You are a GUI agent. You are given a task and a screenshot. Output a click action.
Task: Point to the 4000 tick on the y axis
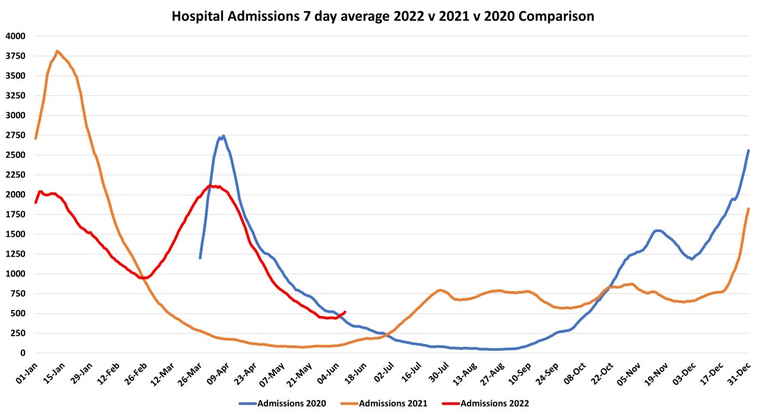15,36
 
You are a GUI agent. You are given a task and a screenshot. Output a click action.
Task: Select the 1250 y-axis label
15,254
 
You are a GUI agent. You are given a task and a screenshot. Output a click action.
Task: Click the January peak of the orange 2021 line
58,51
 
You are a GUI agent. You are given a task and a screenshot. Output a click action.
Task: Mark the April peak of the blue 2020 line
223,136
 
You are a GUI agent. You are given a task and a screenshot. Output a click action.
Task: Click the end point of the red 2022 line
345,312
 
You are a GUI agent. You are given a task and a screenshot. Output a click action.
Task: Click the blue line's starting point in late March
200,258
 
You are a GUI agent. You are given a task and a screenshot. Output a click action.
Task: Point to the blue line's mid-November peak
658,231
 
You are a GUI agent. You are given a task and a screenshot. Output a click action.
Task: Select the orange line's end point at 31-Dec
748,208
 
